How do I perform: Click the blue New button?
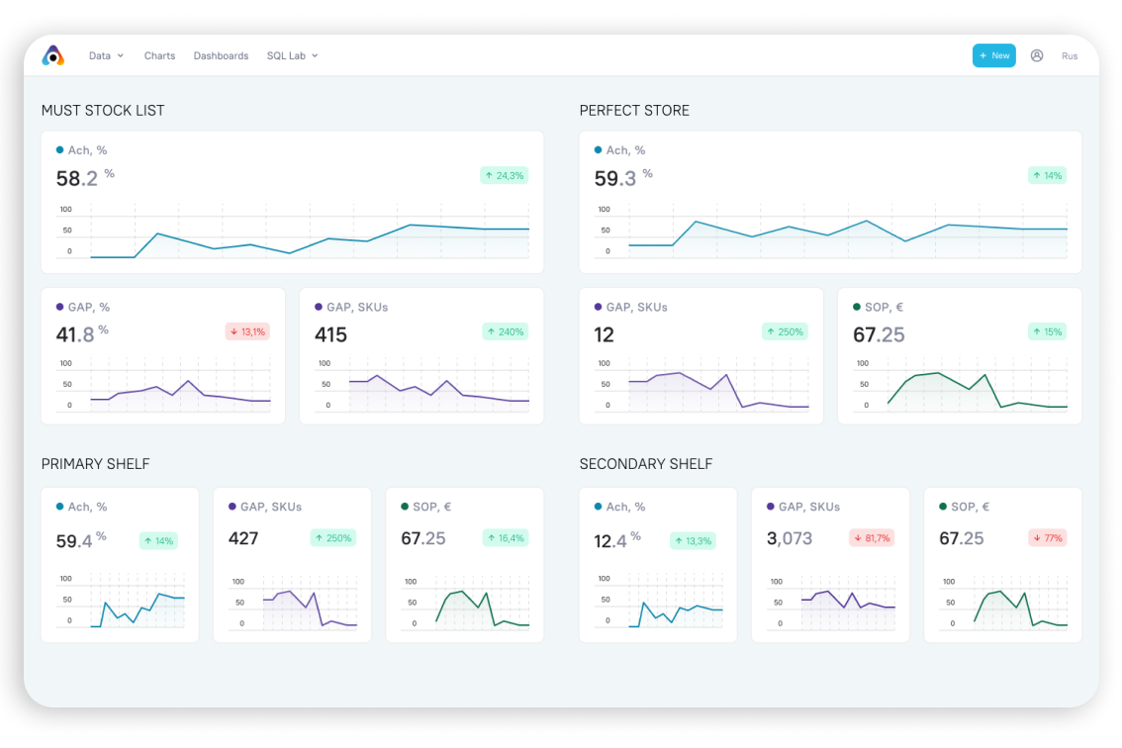click(993, 55)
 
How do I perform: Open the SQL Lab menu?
click(292, 56)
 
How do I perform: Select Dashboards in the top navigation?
click(221, 56)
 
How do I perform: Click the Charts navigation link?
click(159, 56)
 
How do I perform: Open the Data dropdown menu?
click(106, 56)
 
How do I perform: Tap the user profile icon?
click(1037, 55)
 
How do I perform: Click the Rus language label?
click(1070, 56)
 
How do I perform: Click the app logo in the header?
click(53, 56)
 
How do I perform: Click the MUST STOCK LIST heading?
click(103, 111)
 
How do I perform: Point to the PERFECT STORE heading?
click(634, 111)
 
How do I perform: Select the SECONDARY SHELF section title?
click(646, 464)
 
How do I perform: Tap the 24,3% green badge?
click(505, 175)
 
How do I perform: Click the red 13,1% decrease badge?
click(247, 331)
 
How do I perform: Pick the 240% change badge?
click(506, 331)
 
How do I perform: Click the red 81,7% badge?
click(872, 538)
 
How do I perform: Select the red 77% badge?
click(1046, 538)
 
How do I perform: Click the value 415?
click(330, 335)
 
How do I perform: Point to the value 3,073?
click(790, 538)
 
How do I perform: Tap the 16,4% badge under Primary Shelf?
click(506, 538)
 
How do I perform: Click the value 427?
click(243, 538)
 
